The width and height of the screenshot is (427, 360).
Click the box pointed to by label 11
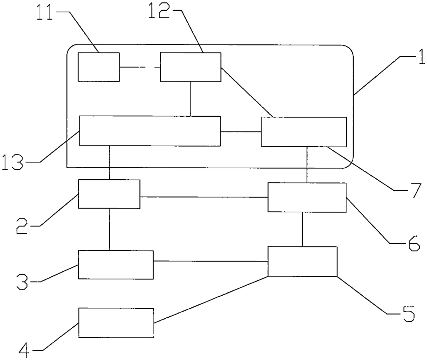pos(99,67)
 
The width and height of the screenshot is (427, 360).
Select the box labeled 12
pos(190,67)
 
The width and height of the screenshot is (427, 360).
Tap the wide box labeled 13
pos(150,131)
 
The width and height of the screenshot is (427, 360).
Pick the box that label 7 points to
pos(304,132)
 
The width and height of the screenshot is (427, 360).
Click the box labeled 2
pos(109,194)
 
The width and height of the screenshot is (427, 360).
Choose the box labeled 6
pos(307,197)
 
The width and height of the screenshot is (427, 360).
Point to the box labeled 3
pos(116,264)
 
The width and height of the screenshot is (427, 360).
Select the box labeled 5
pos(302,261)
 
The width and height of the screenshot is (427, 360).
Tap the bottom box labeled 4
pos(116,323)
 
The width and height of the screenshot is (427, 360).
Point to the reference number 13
pos(13,162)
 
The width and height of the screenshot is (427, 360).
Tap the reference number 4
pos(25,349)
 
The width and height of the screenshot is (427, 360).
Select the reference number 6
pos(413,243)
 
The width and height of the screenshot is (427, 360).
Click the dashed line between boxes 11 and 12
pos(140,67)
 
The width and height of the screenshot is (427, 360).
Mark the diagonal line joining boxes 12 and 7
pos(247,92)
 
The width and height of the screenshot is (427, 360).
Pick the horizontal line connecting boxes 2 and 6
pos(204,197)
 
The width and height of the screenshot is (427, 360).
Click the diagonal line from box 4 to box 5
pos(211,300)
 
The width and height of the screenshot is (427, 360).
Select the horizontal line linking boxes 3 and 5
pos(211,261)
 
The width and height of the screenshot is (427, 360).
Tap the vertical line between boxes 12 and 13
pos(190,99)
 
